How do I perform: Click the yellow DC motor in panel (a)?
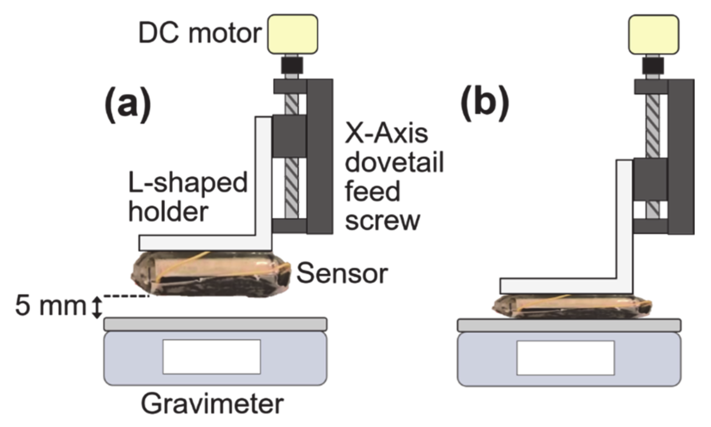(293, 34)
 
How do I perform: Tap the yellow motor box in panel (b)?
(653, 34)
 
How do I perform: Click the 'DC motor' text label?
(200, 33)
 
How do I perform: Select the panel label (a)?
(128, 103)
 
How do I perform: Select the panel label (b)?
(485, 103)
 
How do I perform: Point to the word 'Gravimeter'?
(212, 404)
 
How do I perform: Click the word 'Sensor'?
(342, 274)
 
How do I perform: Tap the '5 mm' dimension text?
(50, 306)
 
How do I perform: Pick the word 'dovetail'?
(394, 163)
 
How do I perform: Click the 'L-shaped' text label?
(188, 183)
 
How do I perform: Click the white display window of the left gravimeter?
(211, 357)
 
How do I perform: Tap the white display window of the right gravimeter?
(565, 358)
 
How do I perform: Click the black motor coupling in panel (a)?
(292, 65)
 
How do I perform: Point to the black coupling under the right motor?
(653, 65)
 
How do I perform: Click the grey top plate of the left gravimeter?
(215, 324)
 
